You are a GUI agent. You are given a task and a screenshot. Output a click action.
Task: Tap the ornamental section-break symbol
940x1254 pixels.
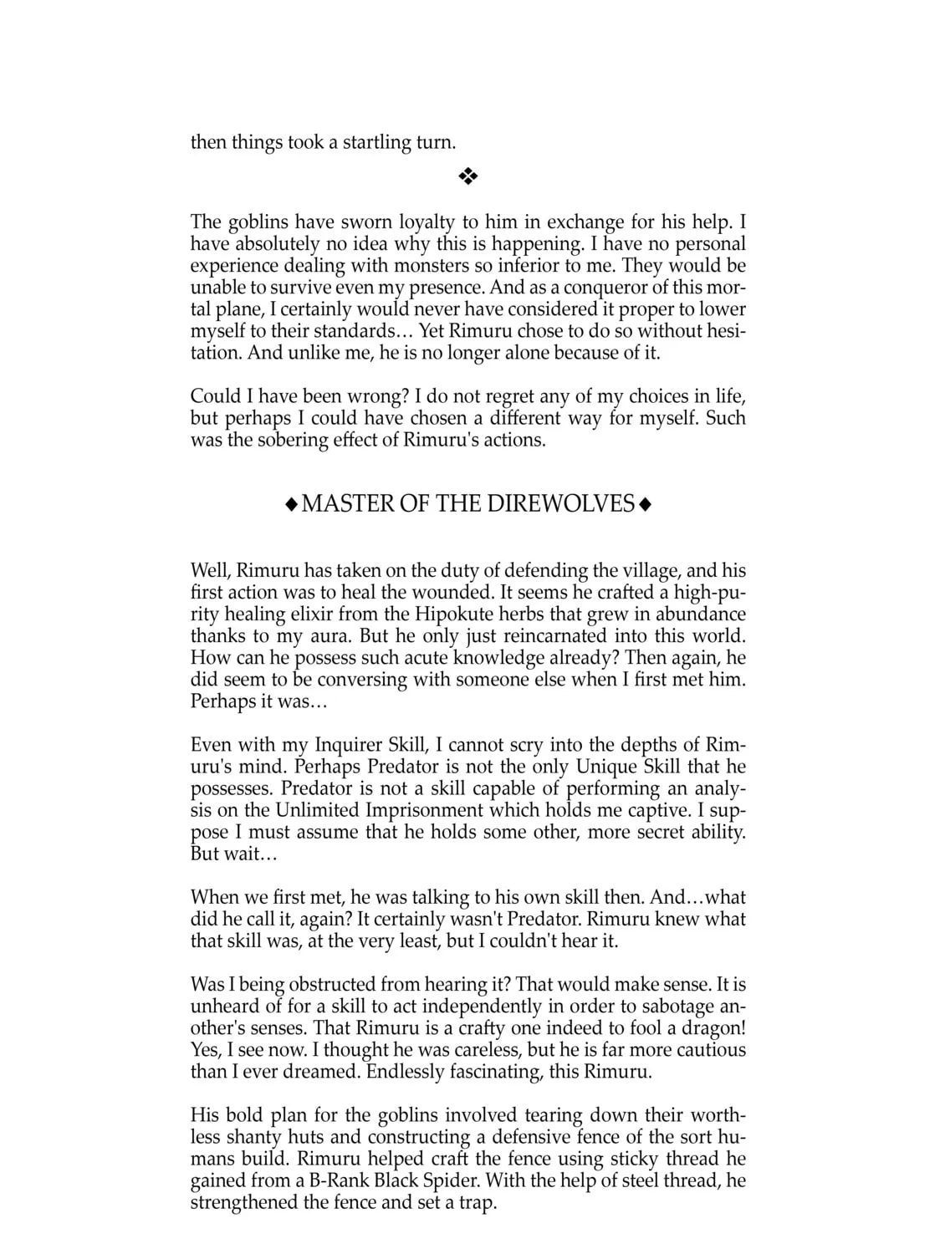point(468,176)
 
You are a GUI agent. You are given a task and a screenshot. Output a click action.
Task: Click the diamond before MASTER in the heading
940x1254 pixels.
point(290,504)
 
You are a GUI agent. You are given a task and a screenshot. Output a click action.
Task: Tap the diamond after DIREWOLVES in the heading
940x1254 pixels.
point(645,504)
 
